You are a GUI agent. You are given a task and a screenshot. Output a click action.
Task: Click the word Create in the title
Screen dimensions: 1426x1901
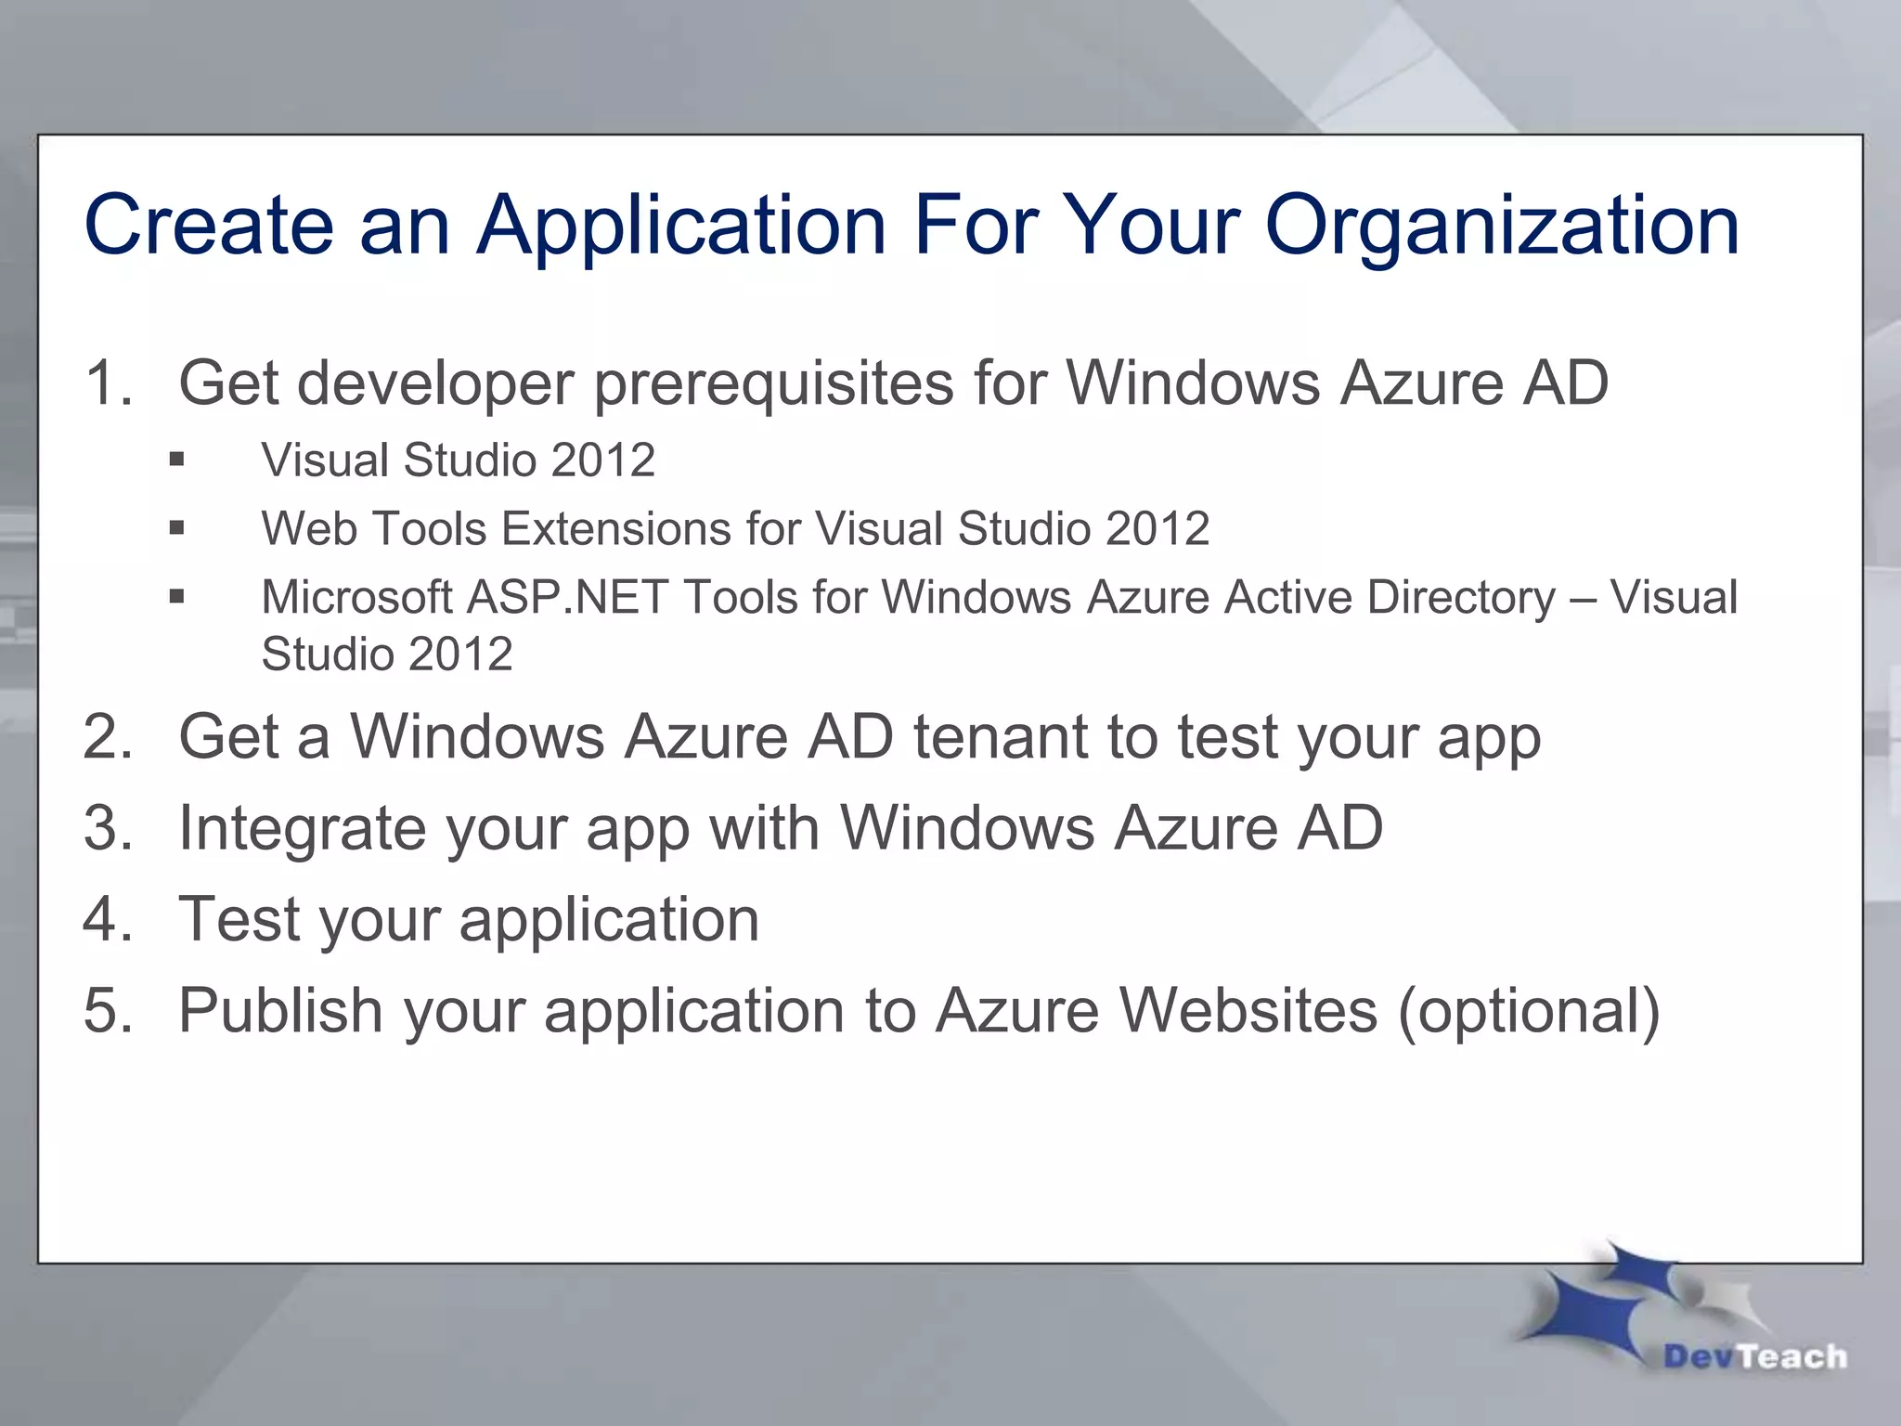[x=208, y=226]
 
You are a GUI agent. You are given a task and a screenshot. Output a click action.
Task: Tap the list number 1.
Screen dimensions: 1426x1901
[x=106, y=382]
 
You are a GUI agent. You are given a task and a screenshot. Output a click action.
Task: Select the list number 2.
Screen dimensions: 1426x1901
[x=106, y=737]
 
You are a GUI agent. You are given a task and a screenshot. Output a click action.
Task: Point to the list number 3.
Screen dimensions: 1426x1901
[x=106, y=827]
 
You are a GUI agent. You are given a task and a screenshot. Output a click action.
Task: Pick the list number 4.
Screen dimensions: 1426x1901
[x=106, y=919]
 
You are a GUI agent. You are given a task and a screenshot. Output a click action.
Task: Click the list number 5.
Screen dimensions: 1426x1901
[x=106, y=1010]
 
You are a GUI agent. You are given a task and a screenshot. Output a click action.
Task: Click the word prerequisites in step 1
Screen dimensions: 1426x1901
[x=773, y=382]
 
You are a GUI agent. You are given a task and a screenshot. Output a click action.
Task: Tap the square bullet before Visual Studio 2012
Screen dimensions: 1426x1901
[x=177, y=460]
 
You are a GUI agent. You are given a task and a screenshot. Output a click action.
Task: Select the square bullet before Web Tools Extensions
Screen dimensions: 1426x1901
[x=177, y=528]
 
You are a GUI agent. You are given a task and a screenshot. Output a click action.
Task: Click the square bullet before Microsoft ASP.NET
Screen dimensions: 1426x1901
[x=177, y=597]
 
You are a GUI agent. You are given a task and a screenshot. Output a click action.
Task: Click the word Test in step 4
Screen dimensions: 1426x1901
[x=237, y=919]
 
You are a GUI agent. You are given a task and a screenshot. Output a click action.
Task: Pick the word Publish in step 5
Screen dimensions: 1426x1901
[x=280, y=1010]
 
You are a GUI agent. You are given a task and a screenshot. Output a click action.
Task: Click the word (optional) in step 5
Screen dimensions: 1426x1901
[x=1529, y=1010]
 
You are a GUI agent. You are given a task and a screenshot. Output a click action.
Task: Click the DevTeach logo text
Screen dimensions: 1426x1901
[x=1754, y=1357]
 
